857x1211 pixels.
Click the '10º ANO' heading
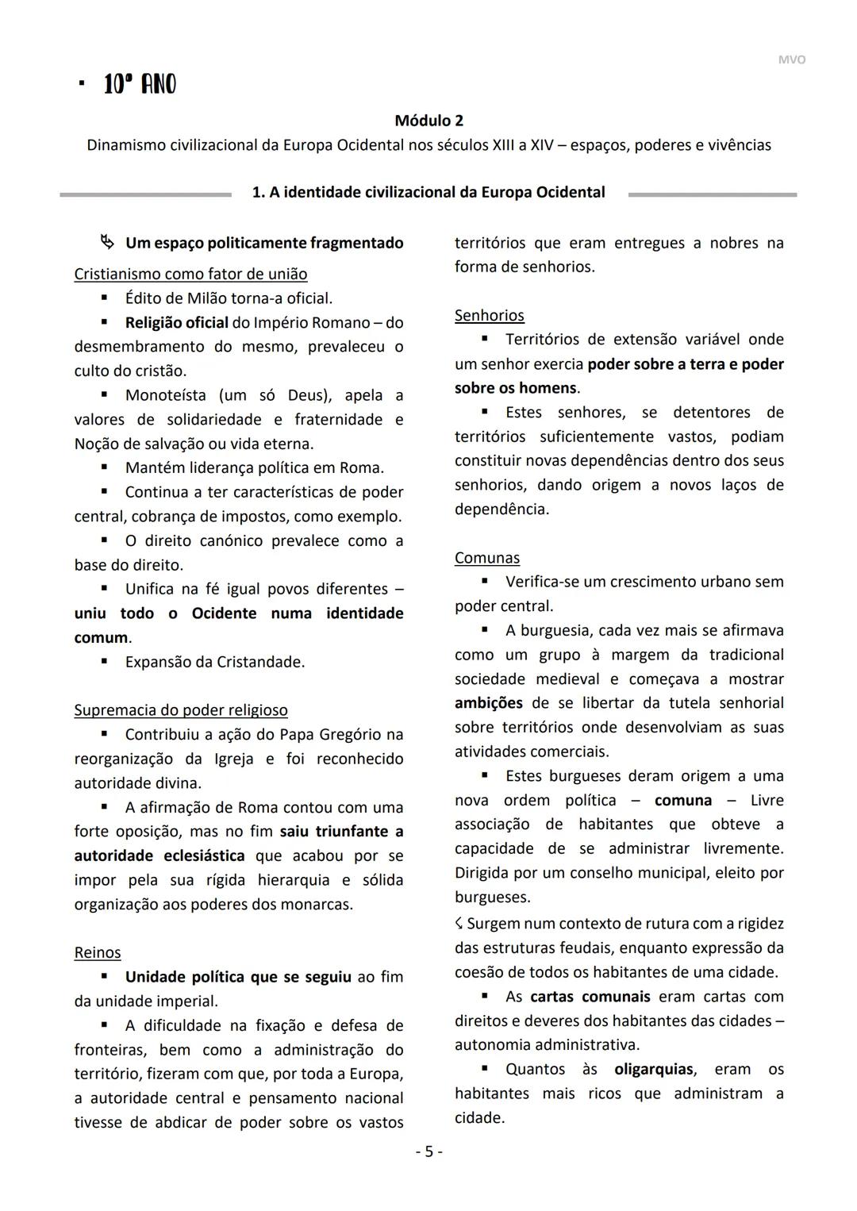[x=140, y=84]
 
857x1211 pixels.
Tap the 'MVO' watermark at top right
[x=790, y=60]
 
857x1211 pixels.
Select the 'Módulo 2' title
[x=428, y=121]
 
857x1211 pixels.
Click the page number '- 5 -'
[x=429, y=1151]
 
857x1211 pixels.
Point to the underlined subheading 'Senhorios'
[x=489, y=316]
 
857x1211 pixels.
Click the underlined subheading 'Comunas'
[x=486, y=558]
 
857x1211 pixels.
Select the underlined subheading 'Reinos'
[x=97, y=952]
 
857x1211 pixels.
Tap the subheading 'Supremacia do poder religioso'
[x=180, y=710]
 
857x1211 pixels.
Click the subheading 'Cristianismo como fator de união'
[x=190, y=274]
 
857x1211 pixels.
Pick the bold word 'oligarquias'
[x=653, y=1069]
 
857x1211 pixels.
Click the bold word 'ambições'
[x=488, y=703]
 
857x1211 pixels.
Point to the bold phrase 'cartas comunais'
[x=590, y=997]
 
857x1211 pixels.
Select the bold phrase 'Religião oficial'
[x=176, y=323]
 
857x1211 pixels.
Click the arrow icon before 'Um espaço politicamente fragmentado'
[x=107, y=241]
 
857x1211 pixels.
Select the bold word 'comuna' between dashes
[x=682, y=801]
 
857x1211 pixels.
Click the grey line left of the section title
[x=145, y=194]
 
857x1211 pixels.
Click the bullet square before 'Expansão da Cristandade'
[x=104, y=661]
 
